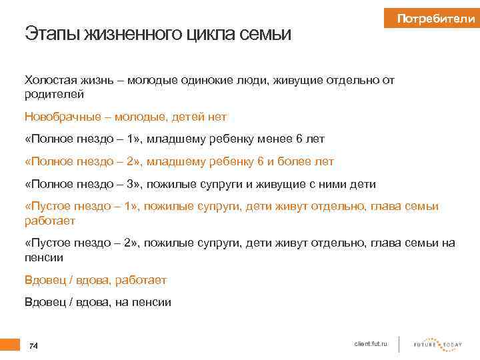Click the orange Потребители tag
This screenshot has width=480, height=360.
point(435,19)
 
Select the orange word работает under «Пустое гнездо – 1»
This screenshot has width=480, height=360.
point(50,220)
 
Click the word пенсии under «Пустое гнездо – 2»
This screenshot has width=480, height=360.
point(44,257)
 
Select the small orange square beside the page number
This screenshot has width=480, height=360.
point(10,345)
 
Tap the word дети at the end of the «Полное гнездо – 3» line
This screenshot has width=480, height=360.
point(361,184)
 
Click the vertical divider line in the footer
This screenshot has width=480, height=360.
point(399,344)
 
